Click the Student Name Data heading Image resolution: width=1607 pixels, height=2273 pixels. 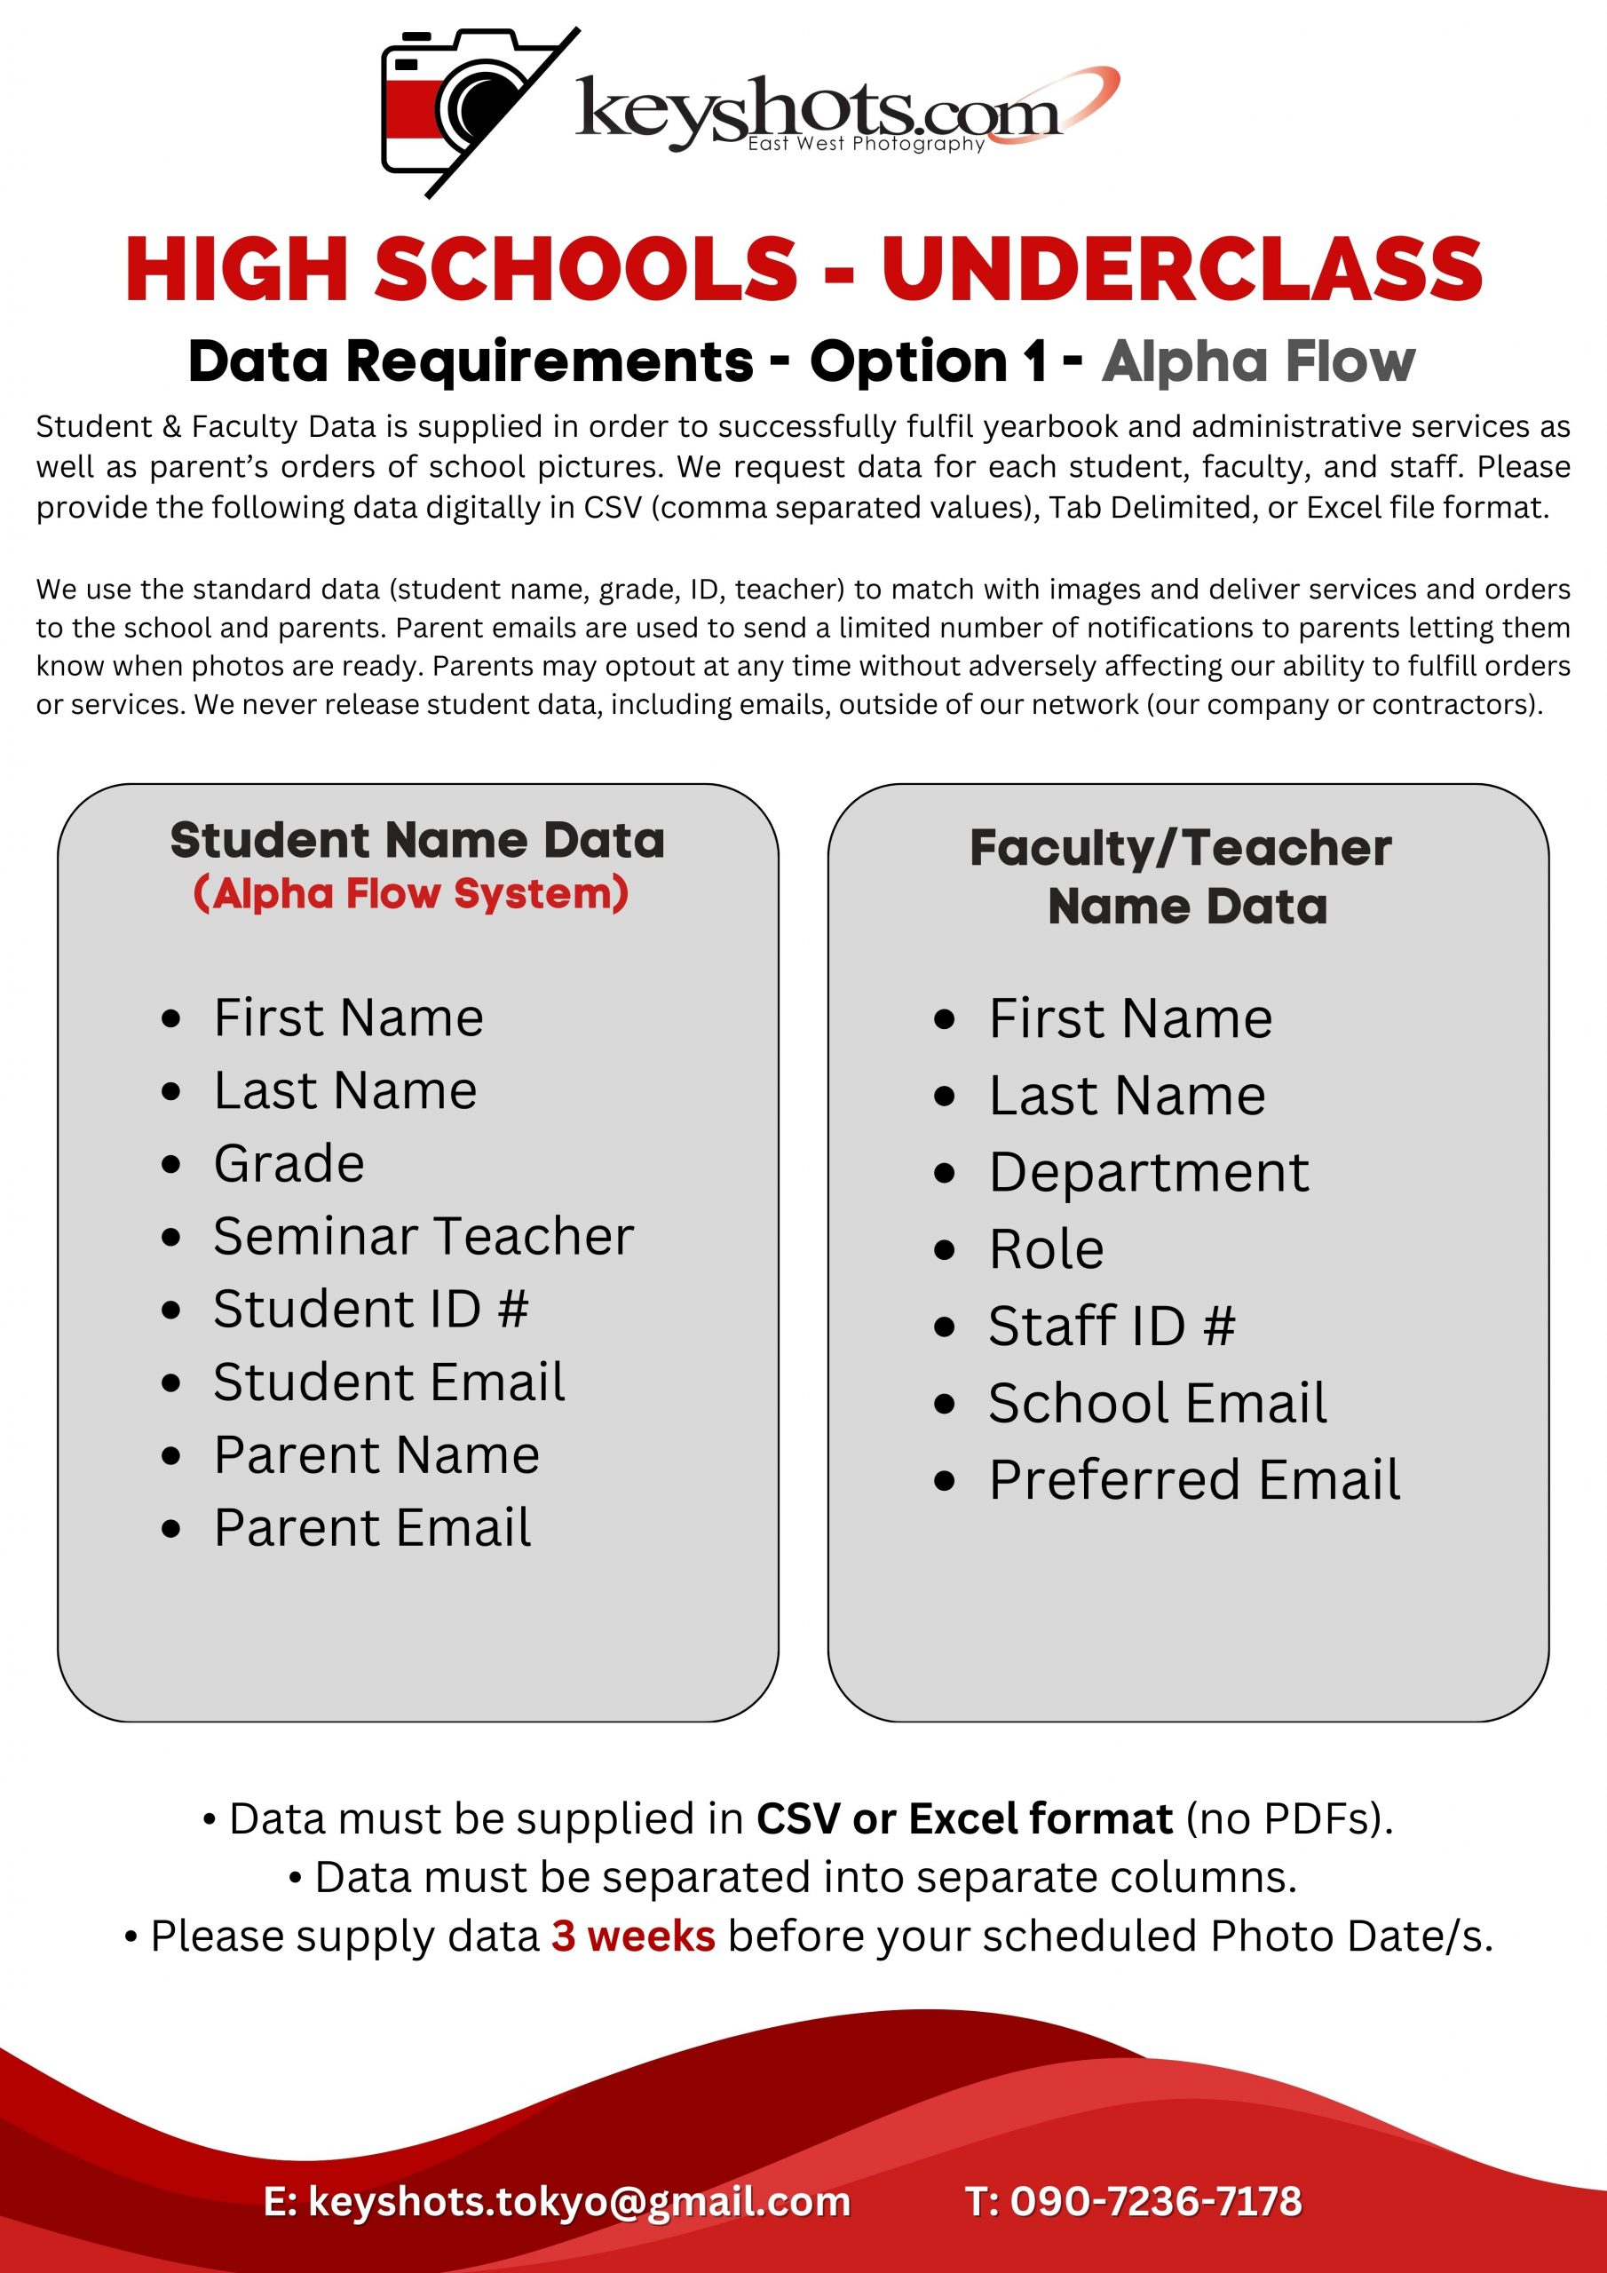[417, 841]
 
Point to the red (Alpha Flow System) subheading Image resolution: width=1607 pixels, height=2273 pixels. [411, 893]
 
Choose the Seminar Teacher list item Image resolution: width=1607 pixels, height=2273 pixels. [423, 1237]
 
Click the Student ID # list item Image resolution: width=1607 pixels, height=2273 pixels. [371, 1309]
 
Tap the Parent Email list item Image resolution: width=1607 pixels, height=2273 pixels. [372, 1527]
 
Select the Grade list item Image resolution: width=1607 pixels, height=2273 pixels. [289, 1163]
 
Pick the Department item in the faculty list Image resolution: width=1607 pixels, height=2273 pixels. [1149, 1173]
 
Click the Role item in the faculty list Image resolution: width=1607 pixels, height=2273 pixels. [1047, 1249]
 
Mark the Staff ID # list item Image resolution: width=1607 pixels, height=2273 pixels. [1112, 1327]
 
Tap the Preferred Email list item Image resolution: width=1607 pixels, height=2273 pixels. [1194, 1480]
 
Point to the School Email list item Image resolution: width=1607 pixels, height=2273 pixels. [1158, 1404]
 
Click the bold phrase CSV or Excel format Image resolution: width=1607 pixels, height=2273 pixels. [963, 1819]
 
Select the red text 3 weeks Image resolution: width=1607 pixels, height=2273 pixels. [633, 1936]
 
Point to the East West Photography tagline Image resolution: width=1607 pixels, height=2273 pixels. [866, 145]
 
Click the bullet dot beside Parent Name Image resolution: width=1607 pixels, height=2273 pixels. [171, 1456]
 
